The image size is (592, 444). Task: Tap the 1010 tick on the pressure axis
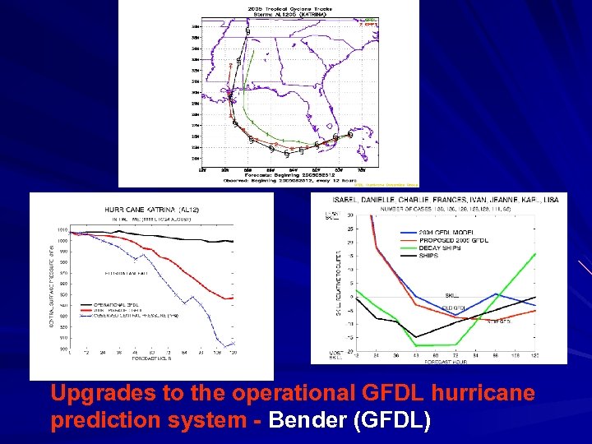click(62, 230)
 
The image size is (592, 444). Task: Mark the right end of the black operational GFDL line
click(234, 241)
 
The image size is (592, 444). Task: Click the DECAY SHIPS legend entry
click(423, 247)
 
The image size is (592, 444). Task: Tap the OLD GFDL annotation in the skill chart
click(454, 308)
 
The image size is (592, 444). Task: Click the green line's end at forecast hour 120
click(535, 253)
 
